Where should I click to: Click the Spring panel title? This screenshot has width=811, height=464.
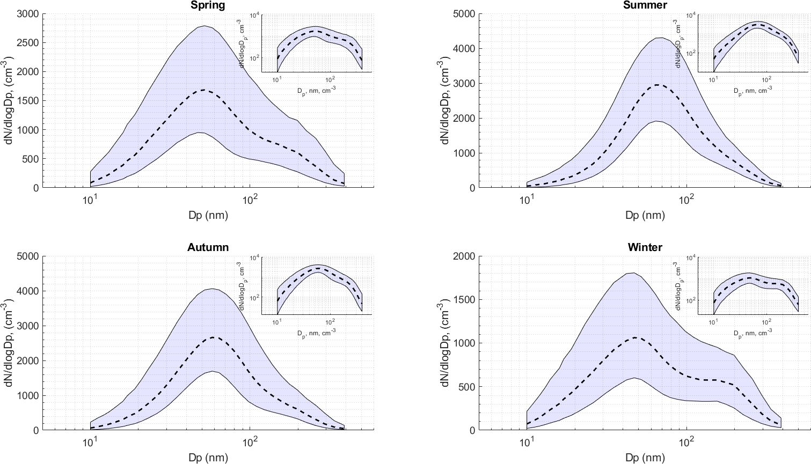point(208,5)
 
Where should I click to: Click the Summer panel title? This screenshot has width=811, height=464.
point(645,5)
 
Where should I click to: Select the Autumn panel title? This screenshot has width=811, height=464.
point(208,247)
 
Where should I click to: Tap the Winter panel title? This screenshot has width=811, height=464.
point(645,247)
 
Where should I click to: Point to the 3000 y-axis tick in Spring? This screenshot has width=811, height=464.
point(28,14)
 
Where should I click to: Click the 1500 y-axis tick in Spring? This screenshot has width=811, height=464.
point(28,101)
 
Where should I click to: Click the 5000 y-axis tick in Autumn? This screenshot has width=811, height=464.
point(28,256)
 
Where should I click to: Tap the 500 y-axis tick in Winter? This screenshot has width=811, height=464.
point(467,387)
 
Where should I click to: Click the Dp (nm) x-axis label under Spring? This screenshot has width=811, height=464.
point(208,216)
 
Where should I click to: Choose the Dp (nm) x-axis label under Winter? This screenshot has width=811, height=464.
point(645,458)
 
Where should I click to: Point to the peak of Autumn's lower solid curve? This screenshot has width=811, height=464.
point(213,371)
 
